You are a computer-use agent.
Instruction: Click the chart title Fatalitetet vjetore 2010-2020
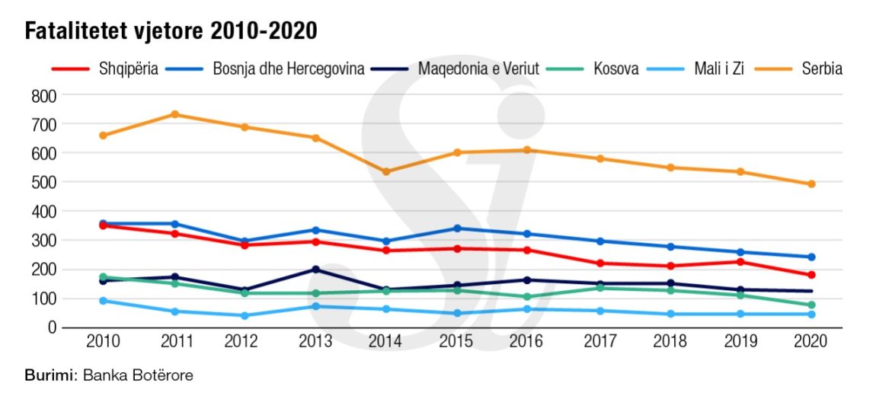(171, 31)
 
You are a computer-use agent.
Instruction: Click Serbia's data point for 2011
(174, 114)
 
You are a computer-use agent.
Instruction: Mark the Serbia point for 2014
(387, 171)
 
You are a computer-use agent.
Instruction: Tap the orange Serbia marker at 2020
(812, 184)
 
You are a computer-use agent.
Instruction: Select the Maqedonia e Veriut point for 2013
(316, 270)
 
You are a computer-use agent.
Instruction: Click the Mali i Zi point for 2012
(245, 315)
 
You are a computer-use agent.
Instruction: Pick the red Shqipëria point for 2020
(812, 275)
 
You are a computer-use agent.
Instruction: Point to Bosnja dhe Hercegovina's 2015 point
(458, 228)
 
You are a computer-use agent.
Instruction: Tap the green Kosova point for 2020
(812, 305)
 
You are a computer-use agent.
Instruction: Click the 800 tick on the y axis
(44, 95)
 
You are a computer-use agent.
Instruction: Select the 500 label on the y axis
(44, 182)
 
